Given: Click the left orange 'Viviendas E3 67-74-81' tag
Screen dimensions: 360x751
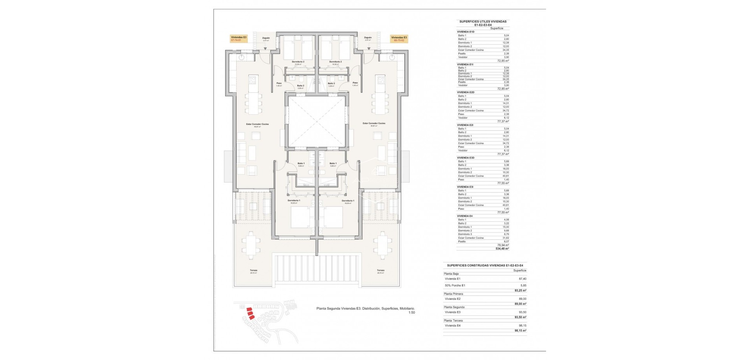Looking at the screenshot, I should [x=239, y=39].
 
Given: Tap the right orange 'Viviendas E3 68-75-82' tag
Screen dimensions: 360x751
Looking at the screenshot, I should [x=399, y=39].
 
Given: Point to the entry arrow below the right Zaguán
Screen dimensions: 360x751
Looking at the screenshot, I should [x=368, y=49].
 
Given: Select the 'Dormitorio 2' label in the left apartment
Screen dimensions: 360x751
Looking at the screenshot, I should [x=298, y=62].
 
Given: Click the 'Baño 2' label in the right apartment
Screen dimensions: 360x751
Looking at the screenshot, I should [x=331, y=83].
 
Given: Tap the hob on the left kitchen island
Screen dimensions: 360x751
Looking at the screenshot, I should [x=252, y=81].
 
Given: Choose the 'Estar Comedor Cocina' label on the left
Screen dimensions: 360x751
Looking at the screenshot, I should [x=257, y=124].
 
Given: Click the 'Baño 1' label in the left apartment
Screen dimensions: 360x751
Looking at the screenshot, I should [x=301, y=163].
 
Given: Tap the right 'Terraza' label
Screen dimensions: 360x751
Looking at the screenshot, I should [x=380, y=270].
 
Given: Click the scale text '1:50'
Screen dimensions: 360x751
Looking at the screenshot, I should [x=411, y=313].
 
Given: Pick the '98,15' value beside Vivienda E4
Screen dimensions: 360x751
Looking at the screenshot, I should [x=522, y=326].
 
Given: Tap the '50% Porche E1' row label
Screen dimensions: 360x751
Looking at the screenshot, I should [x=455, y=285].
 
